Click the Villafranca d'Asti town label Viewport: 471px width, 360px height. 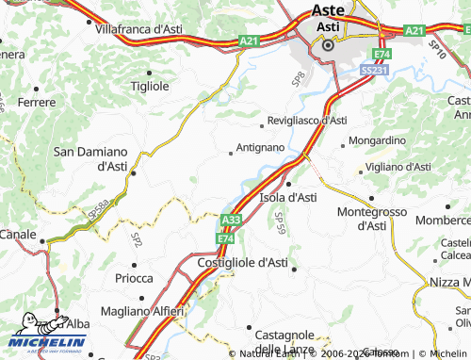point(138,29)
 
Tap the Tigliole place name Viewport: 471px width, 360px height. point(150,85)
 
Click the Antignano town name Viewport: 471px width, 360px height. point(261,148)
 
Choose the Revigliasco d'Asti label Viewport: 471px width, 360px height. point(307,121)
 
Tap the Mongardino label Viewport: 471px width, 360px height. point(377,140)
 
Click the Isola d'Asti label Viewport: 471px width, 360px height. point(287,197)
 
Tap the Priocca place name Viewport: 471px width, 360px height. point(133,278)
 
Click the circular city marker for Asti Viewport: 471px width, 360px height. point(328,43)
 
